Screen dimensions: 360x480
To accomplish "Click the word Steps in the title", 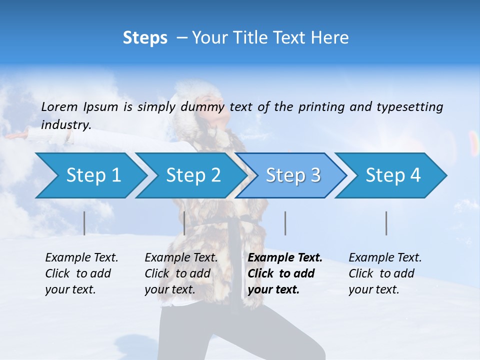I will point(145,38).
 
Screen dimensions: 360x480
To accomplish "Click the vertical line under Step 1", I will point(84,223).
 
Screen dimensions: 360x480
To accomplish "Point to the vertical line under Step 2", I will point(184,223).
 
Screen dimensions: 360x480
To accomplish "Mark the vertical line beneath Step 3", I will point(285,223).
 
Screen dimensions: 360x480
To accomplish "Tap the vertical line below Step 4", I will point(386,223).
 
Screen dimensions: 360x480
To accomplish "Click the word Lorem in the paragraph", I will point(59,107).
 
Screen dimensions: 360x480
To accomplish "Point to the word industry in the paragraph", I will point(66,125).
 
